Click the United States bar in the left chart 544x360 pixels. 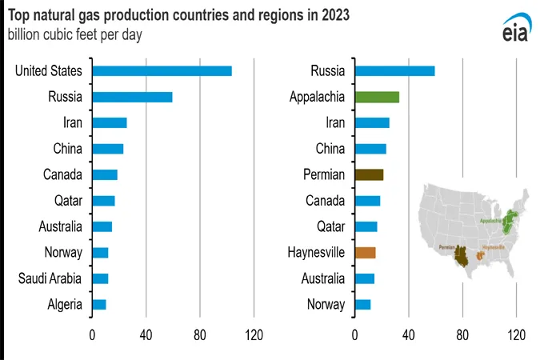pyautogui.click(x=162, y=71)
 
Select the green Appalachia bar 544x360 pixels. pyautogui.click(x=377, y=98)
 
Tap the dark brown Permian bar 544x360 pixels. pyautogui.click(x=369, y=175)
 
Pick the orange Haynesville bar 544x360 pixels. pyautogui.click(x=365, y=253)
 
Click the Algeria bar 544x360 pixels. pyautogui.click(x=99, y=304)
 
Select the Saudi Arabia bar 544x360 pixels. pyautogui.click(x=100, y=278)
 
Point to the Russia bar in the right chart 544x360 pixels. pyautogui.click(x=394, y=71)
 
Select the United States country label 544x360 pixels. pyautogui.click(x=49, y=71)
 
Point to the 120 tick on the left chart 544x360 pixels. pyautogui.click(x=254, y=334)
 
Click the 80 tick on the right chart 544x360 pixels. pyautogui.click(x=462, y=334)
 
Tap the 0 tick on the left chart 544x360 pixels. pyautogui.click(x=92, y=334)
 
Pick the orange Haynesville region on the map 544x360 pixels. pyautogui.click(x=481, y=255)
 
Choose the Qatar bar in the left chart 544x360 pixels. pyautogui.click(x=104, y=201)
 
